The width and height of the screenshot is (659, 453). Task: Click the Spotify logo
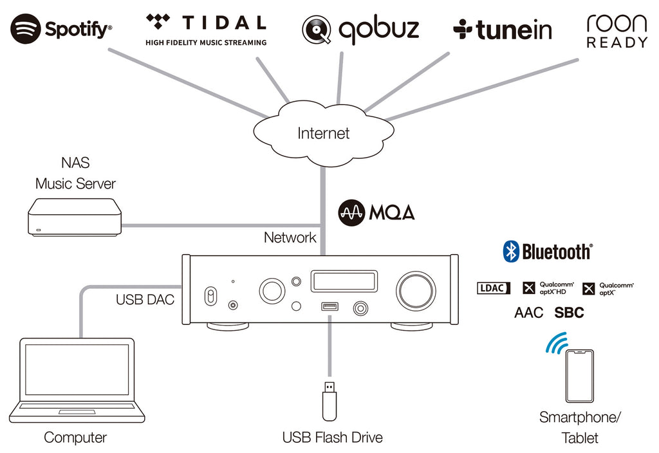tap(61, 29)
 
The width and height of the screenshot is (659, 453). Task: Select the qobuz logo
tap(360, 29)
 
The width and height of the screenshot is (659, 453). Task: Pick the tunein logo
tap(503, 30)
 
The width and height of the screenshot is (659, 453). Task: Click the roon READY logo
tap(617, 31)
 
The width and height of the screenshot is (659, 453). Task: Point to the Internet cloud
tap(323, 133)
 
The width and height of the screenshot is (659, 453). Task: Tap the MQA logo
tap(376, 212)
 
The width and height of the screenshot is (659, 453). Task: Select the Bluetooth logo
tap(547, 252)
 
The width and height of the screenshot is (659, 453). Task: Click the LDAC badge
tap(494, 288)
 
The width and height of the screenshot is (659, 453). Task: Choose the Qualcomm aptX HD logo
tap(547, 288)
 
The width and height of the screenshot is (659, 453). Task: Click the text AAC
tap(528, 313)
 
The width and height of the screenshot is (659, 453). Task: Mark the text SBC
tap(569, 313)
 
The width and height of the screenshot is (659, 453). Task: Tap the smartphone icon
tap(579, 376)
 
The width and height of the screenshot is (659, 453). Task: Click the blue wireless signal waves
tap(555, 344)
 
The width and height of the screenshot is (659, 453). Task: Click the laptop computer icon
tap(77, 380)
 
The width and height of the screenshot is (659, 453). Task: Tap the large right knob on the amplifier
tap(416, 290)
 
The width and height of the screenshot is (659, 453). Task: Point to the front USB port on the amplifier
tap(328, 307)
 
